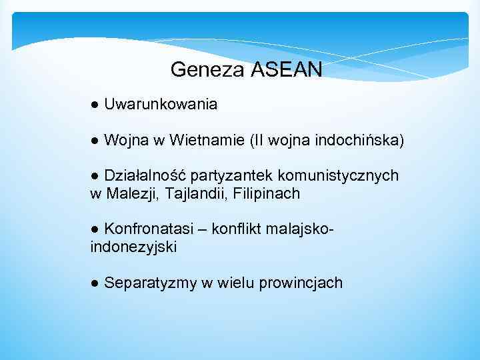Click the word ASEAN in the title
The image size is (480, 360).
point(287,69)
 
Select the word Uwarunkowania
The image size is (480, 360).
point(161,104)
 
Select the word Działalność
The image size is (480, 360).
point(145,175)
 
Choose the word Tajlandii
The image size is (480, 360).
point(190,193)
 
